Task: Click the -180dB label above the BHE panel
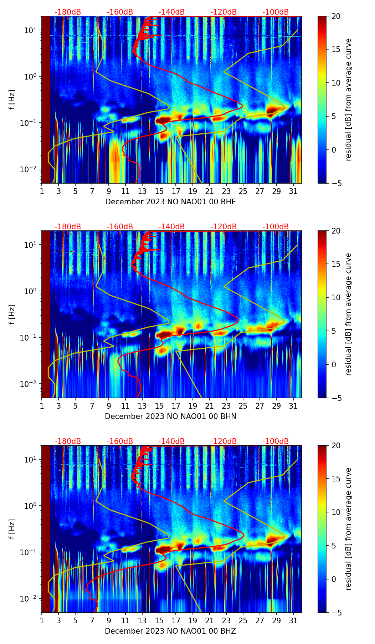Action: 68,12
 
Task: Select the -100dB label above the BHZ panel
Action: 276,441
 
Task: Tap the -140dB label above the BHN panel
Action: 171,227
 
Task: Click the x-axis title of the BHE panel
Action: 170,202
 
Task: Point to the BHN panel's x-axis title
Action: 170,416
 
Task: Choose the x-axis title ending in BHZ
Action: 170,631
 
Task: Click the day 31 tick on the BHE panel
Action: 293,191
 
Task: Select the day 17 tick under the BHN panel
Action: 176,406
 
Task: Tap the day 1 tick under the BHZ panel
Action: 42,620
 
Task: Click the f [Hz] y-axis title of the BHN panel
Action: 12,314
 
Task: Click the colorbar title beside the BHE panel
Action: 348,99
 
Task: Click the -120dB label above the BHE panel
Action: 224,12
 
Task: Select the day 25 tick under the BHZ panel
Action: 243,620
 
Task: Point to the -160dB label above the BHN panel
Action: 120,227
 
